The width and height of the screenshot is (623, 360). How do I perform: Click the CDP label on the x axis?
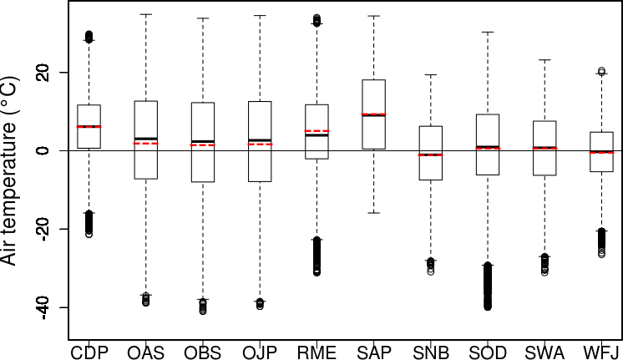coord(89,352)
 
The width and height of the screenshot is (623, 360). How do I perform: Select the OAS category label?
coord(146,352)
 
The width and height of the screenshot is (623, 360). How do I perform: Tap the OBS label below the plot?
coord(203,352)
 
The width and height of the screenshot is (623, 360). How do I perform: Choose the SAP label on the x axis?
coord(373,352)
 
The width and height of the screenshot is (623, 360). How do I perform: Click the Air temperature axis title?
coord(12,180)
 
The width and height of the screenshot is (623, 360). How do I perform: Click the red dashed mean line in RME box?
coord(317,131)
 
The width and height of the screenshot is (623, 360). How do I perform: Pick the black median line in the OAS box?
coord(146,139)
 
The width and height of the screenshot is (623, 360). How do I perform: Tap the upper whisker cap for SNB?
coord(431,75)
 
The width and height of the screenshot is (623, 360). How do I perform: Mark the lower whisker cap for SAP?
coord(373,213)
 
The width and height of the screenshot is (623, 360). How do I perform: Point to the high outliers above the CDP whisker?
coord(89,36)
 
